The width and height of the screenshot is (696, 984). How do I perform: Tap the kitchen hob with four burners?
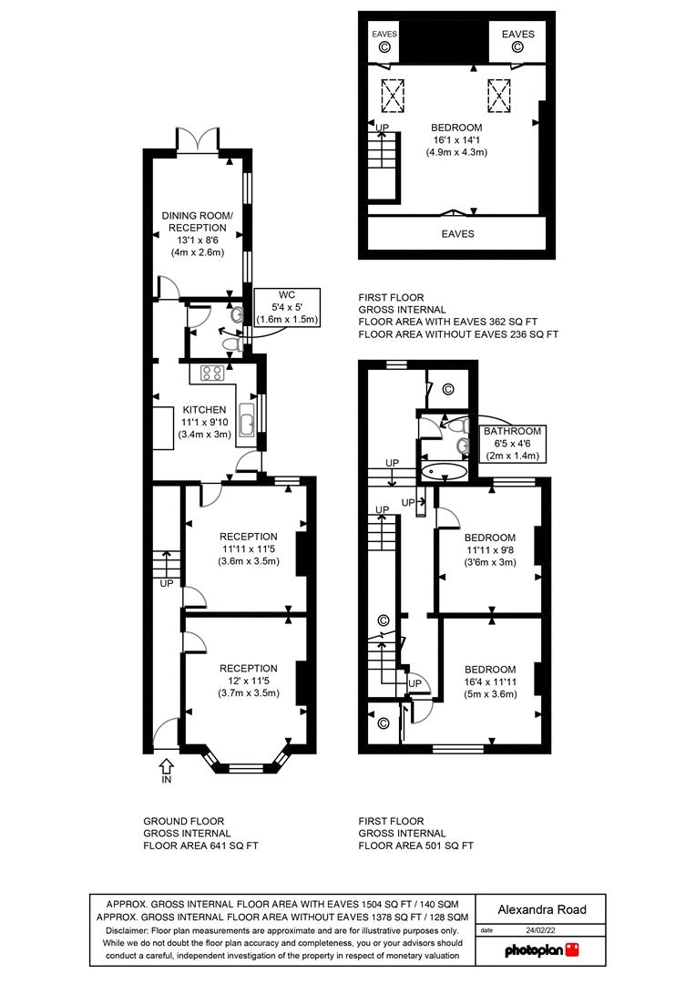pos(213,372)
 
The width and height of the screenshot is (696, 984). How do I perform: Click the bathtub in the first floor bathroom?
pos(444,472)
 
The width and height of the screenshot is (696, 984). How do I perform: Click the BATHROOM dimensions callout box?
pos(513,443)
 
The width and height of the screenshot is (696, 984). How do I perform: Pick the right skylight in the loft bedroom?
pos(499,93)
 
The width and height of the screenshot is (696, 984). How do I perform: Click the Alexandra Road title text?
pos(542,909)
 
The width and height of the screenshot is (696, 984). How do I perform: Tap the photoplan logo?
pos(542,949)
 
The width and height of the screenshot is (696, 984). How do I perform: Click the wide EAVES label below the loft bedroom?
pos(456,234)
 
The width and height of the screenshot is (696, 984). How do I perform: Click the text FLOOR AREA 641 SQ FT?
pos(200,846)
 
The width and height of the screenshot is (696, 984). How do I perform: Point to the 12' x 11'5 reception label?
pos(248,681)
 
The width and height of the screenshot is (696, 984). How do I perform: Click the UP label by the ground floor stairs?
pos(167,583)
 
